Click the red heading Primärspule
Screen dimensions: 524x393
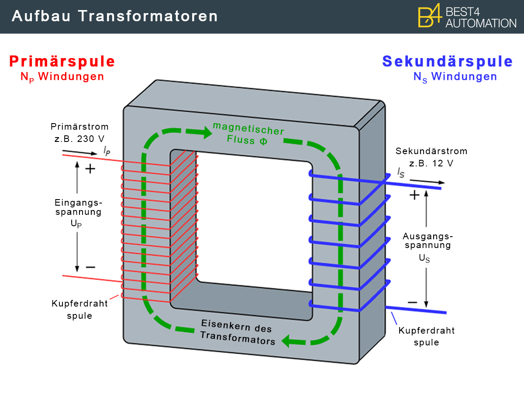pyautogui.click(x=62, y=62)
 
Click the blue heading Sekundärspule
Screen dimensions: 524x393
pyautogui.click(x=448, y=62)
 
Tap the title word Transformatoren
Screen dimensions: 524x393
pyautogui.click(x=148, y=16)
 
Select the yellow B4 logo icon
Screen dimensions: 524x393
pyautogui.click(x=429, y=16)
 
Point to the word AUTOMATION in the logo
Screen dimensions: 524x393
pyautogui.click(x=481, y=24)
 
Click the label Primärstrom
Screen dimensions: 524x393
pyautogui.click(x=79, y=127)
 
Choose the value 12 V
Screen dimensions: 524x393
pyautogui.click(x=443, y=163)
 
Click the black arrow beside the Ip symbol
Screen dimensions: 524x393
pyautogui.click(x=80, y=152)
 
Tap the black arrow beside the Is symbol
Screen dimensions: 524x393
pyautogui.click(x=427, y=182)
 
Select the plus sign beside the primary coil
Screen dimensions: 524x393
pyautogui.click(x=90, y=169)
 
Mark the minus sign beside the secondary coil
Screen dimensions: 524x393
pyautogui.click(x=412, y=303)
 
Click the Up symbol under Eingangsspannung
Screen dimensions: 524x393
pyautogui.click(x=76, y=224)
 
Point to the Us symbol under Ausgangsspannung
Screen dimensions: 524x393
pyautogui.click(x=424, y=259)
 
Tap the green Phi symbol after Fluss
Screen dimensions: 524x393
pyautogui.click(x=263, y=141)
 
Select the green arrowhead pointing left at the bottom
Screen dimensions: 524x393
pyautogui.click(x=286, y=341)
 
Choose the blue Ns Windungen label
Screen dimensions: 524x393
pyautogui.click(x=455, y=77)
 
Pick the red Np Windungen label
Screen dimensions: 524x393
pyautogui.click(x=62, y=77)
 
